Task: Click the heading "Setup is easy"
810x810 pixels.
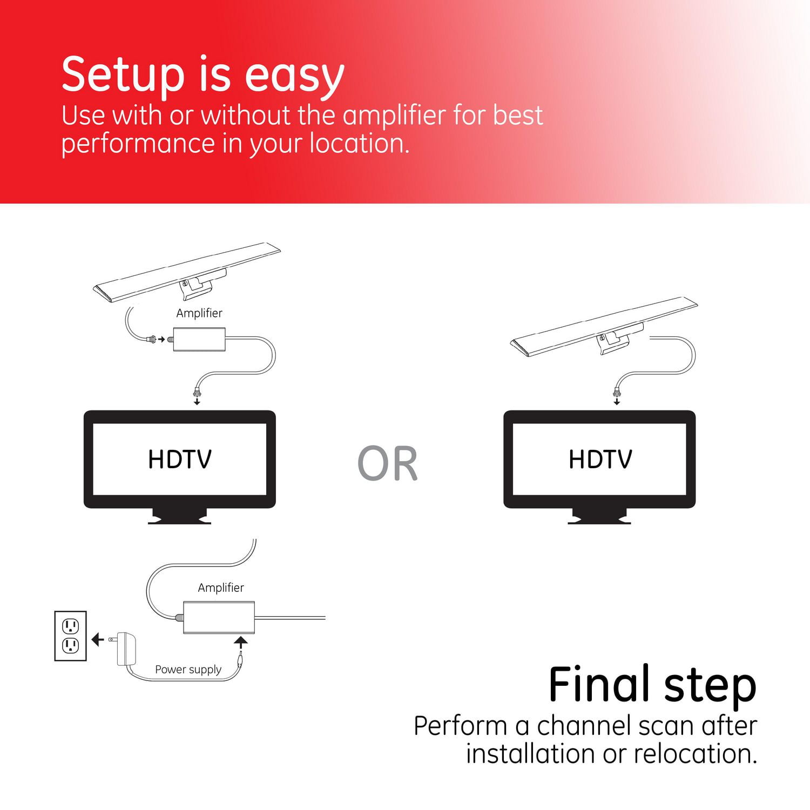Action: (x=203, y=75)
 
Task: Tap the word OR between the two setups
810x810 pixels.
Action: (x=388, y=463)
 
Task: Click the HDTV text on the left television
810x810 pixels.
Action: (x=180, y=460)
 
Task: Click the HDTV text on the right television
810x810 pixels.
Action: (x=600, y=460)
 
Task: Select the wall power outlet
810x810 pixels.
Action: (x=71, y=636)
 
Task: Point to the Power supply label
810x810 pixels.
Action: (x=188, y=669)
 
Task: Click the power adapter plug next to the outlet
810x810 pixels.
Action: (x=125, y=649)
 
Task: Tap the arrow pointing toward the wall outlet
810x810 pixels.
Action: (x=98, y=640)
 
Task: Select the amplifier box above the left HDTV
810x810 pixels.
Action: (x=199, y=339)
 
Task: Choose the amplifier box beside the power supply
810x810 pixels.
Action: (x=219, y=617)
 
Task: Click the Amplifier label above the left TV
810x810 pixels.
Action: (x=199, y=313)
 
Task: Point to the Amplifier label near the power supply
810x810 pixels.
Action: (x=221, y=588)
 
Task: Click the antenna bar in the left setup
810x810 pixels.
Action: (x=187, y=273)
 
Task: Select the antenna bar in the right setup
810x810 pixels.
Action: (x=604, y=327)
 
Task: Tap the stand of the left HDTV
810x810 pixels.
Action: (x=180, y=516)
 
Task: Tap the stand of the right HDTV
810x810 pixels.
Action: (x=599, y=516)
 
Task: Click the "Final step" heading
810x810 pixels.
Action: (x=652, y=685)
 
